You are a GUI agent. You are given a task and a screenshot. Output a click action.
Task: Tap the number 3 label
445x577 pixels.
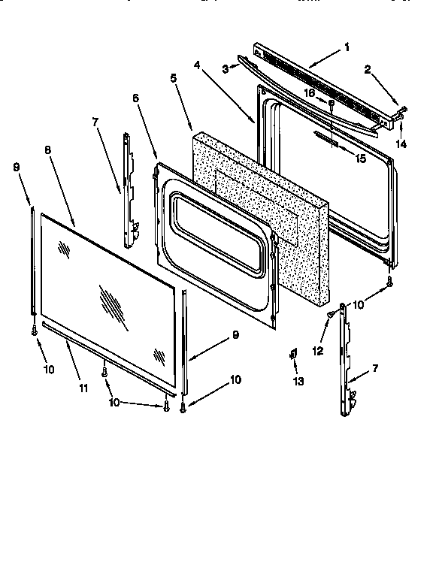click(x=224, y=69)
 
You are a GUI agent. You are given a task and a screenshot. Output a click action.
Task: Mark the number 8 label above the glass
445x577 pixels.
click(x=47, y=150)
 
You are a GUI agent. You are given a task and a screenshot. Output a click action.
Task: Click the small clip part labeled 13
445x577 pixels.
click(x=295, y=355)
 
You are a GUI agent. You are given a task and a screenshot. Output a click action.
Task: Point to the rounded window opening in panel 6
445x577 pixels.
click(x=217, y=233)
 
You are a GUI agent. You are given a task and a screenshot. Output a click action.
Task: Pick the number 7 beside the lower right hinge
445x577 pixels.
click(x=376, y=370)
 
